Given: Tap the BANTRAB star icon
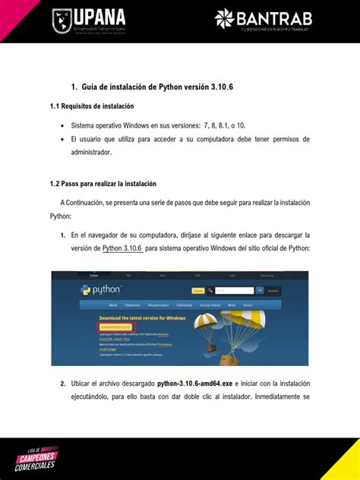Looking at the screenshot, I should point(226,18).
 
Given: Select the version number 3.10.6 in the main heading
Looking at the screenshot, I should point(216,88).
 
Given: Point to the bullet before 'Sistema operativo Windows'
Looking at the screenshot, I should point(62,125).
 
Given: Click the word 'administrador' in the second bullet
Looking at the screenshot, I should point(91,152).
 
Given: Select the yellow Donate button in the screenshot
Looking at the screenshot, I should point(198,290).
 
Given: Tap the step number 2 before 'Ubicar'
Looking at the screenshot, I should point(63,384).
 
